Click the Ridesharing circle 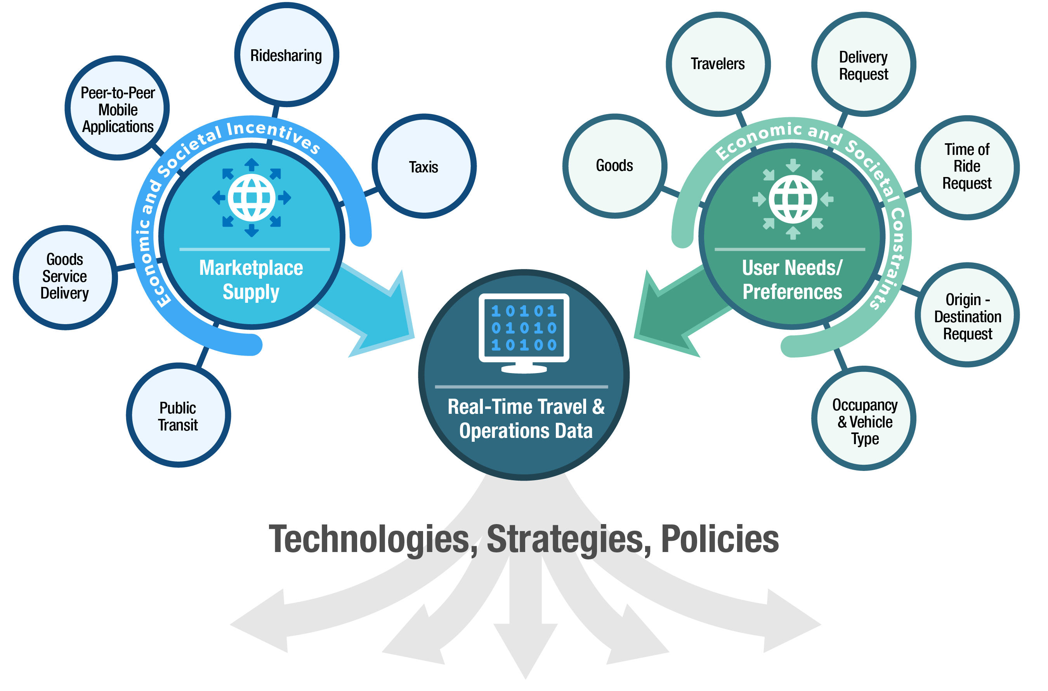286,55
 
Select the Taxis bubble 424,166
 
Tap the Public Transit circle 179,415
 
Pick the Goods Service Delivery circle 65,278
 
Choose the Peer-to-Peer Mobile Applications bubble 117,108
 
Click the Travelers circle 718,64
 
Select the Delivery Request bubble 864,64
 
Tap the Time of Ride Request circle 967,167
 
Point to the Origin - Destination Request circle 967,315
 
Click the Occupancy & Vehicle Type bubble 864,418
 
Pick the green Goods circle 615,166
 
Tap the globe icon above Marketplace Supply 252,198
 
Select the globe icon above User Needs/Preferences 793,199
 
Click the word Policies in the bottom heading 720,539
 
